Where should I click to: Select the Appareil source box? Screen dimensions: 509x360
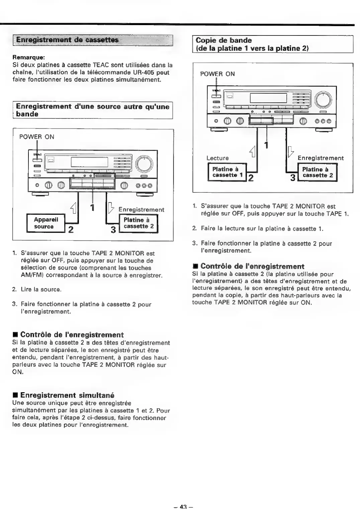click(x=46, y=223)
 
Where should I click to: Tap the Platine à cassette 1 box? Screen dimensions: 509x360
click(x=227, y=172)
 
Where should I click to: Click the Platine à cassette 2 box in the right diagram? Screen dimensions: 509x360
click(x=318, y=172)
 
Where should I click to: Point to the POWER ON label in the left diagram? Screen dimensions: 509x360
click(x=36, y=137)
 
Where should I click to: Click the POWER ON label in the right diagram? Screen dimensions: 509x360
click(x=217, y=74)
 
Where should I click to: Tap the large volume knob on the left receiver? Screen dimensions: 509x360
click(x=144, y=164)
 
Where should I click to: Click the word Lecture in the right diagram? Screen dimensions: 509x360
click(x=217, y=158)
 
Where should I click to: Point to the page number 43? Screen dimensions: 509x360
click(x=183, y=506)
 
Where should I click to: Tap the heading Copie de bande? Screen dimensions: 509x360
click(x=223, y=40)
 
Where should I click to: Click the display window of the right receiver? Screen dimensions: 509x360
click(x=268, y=98)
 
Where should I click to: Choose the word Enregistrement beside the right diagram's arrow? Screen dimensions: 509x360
click(x=320, y=158)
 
